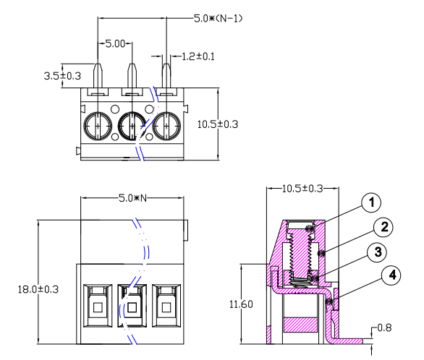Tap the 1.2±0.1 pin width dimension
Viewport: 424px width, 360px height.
198,56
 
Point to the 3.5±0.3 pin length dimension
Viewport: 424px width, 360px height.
61,75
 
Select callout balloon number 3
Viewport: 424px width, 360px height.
375,252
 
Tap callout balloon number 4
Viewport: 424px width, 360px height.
391,275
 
